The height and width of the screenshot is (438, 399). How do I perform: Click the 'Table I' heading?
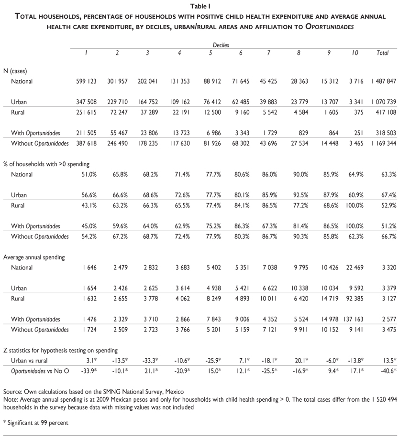[199, 7]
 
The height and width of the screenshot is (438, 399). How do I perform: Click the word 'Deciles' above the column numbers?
[221, 45]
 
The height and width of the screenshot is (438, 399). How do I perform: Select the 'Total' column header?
[382, 53]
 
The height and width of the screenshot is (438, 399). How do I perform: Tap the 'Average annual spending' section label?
[34, 257]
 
